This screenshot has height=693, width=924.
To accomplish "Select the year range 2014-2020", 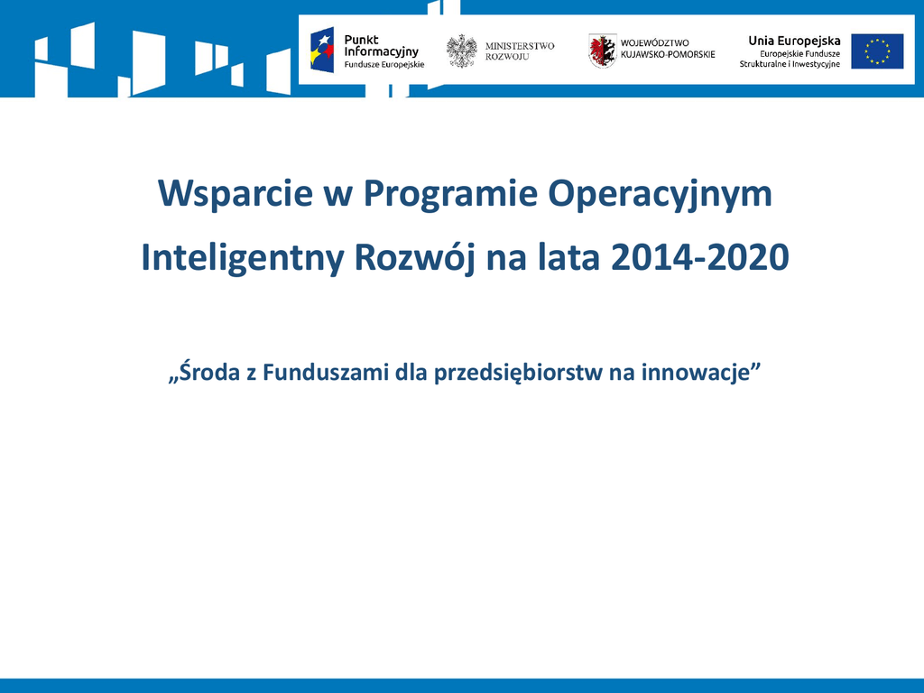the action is [700, 258].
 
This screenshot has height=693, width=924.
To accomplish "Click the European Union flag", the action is [877, 51].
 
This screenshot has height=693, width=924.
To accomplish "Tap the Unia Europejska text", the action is [794, 42].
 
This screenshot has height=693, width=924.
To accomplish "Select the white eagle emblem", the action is [461, 51].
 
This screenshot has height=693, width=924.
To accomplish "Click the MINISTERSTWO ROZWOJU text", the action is [519, 51].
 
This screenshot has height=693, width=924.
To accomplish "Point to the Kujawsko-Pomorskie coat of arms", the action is [602, 51].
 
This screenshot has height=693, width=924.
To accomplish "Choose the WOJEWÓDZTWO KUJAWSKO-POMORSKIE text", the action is [668, 49].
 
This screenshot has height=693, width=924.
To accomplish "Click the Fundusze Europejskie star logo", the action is [322, 51].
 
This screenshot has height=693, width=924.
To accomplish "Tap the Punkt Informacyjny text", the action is [382, 46].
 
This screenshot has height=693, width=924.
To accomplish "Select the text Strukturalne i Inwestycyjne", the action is [790, 64].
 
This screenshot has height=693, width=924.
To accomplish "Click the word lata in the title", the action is [568, 258].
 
